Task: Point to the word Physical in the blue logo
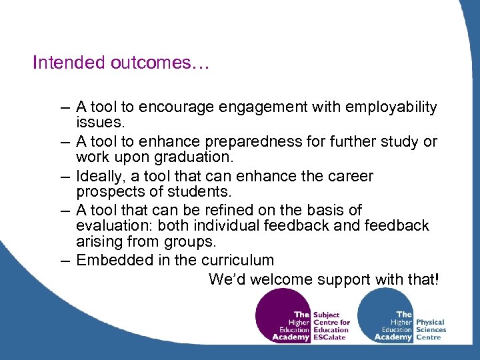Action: (431, 322)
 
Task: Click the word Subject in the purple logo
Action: (325, 315)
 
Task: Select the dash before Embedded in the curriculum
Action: (64, 261)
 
